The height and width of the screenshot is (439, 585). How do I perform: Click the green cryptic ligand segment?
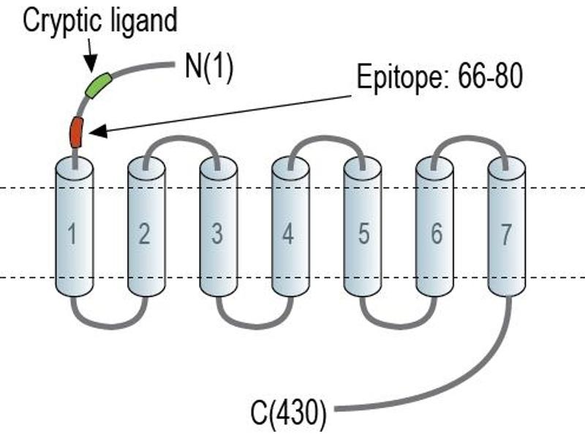(98, 85)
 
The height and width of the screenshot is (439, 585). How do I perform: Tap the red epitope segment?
(76, 132)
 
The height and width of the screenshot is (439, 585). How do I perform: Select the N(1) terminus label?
(209, 67)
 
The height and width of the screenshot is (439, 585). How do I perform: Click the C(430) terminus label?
(288, 413)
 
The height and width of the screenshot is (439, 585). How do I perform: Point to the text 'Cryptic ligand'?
(100, 21)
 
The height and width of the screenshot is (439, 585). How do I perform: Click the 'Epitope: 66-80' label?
(440, 77)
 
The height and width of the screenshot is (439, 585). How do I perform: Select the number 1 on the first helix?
(72, 234)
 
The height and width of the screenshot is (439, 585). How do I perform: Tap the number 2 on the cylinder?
(144, 234)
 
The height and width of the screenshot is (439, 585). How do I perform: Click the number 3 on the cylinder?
(217, 234)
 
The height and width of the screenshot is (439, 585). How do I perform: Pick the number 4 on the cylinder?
(288, 234)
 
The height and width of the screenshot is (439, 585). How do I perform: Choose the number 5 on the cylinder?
(363, 234)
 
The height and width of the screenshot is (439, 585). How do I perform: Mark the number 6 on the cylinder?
(437, 234)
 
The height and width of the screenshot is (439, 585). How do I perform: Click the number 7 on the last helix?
(505, 234)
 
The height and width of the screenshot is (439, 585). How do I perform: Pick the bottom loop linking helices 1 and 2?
(108, 326)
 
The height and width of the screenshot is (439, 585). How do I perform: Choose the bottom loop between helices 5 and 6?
(398, 326)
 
